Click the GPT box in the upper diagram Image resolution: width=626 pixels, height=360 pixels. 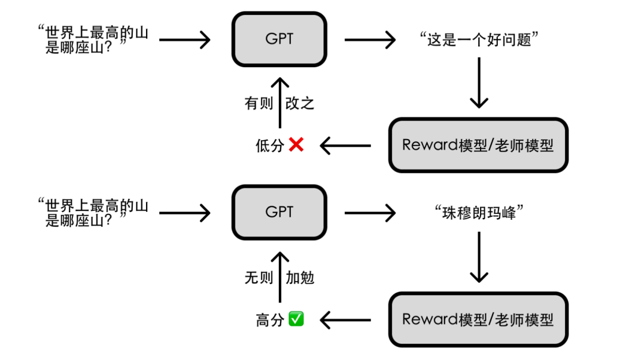(279, 39)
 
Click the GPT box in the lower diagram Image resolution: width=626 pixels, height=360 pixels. (279, 212)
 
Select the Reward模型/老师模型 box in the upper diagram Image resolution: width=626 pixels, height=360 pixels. (478, 145)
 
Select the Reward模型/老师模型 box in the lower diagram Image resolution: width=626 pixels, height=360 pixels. (478, 319)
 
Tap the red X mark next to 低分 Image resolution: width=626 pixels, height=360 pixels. (296, 145)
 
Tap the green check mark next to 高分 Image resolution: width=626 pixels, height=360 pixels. (296, 319)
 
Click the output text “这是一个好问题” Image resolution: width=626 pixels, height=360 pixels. (478, 40)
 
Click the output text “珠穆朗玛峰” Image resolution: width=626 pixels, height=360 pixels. (478, 213)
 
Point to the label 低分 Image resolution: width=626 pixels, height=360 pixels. (270, 146)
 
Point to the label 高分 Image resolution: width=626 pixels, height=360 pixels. (270, 319)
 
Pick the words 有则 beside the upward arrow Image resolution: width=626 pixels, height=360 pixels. (259, 104)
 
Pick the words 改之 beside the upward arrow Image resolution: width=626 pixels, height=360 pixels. (300, 104)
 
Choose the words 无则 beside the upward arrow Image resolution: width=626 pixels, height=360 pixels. (259, 277)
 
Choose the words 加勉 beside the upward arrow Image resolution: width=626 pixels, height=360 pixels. (300, 277)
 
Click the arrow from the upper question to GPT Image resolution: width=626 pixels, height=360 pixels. (184, 40)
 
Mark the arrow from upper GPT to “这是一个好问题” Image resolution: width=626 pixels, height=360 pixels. (370, 40)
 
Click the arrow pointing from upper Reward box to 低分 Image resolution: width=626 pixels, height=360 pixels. (345, 146)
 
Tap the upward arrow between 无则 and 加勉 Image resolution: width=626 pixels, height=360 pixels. (279, 277)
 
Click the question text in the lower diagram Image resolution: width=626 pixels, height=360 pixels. (93, 213)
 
